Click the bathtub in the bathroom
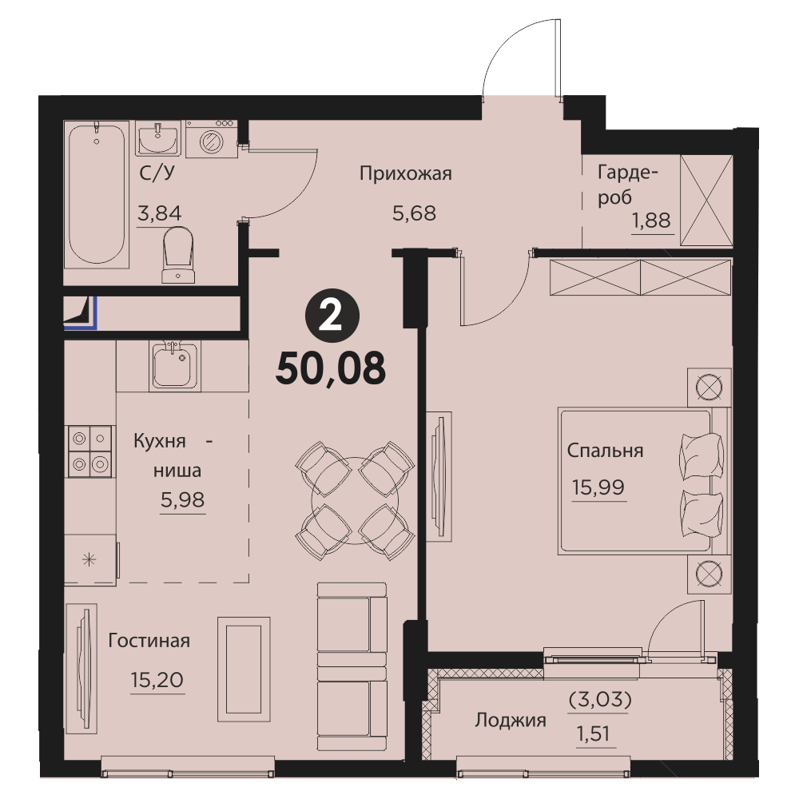click(97, 194)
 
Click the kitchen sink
click(173, 365)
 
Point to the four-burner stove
click(90, 451)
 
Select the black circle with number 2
click(332, 318)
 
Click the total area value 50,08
click(331, 369)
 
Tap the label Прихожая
click(406, 173)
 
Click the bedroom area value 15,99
click(598, 487)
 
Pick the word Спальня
click(606, 451)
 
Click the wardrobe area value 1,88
click(651, 221)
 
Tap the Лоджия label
click(511, 721)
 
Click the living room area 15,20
click(157, 680)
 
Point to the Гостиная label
click(149, 641)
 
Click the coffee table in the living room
click(244, 669)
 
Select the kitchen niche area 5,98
click(182, 500)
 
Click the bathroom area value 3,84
click(160, 213)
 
